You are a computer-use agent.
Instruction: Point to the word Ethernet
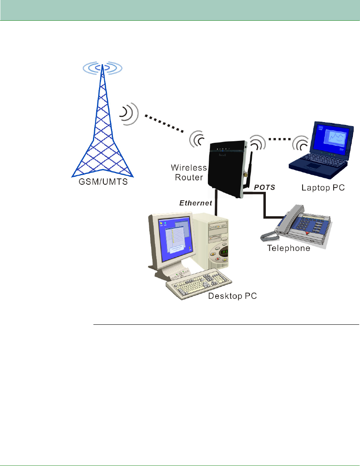[x=195, y=203]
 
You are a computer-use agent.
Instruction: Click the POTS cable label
[x=265, y=186]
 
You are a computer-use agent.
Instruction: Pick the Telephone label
[x=289, y=248]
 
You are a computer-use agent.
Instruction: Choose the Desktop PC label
[x=232, y=296]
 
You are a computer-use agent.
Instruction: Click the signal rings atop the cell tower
[x=103, y=68]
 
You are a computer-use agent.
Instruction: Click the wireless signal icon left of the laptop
[x=299, y=144]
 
